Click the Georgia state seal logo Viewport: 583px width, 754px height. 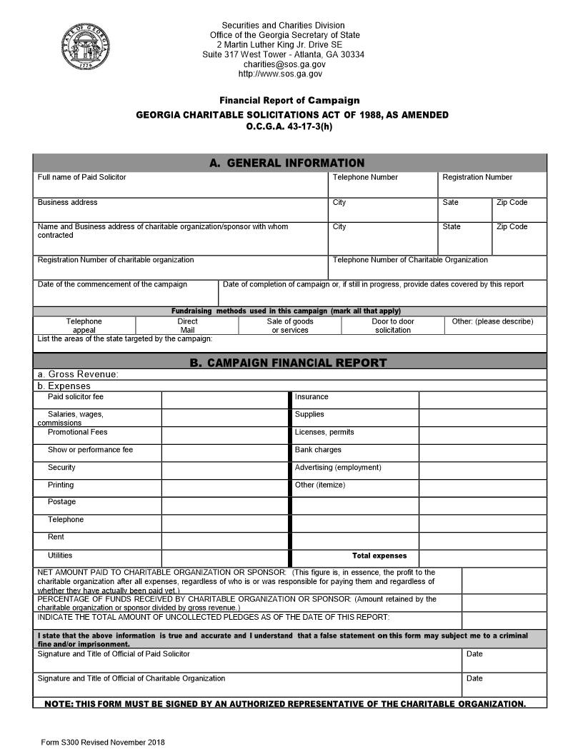click(86, 47)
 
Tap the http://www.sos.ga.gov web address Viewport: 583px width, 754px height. click(280, 74)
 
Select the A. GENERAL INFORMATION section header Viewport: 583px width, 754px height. click(286, 163)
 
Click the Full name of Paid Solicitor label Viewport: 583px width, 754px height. click(81, 177)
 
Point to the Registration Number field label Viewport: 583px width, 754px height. click(477, 177)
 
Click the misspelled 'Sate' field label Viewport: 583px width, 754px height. click(450, 202)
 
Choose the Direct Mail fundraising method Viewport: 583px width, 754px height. click(187, 326)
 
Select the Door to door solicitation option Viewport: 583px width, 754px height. click(392, 326)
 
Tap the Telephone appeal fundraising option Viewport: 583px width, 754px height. click(84, 326)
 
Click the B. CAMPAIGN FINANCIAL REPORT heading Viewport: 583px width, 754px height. click(288, 363)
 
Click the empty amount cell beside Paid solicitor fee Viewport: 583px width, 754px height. click(225, 399)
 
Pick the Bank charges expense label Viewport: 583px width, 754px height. click(318, 450)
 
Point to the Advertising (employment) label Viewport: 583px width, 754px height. click(338, 468)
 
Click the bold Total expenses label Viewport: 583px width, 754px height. click(379, 556)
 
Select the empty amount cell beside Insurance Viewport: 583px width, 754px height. click(482, 399)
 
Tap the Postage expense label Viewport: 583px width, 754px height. click(61, 502)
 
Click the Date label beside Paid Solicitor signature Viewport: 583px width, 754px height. click(474, 654)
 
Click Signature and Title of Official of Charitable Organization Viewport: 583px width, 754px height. click(131, 678)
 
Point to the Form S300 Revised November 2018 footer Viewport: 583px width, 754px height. click(103, 743)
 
